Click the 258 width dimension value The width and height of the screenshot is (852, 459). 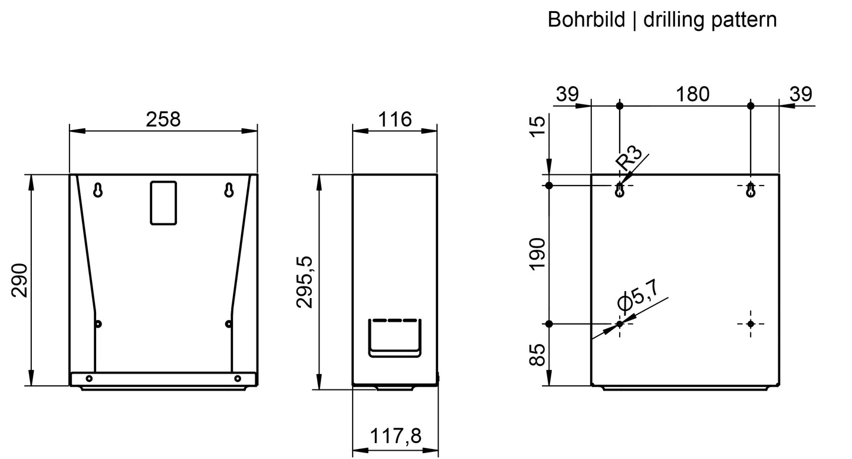[x=163, y=119]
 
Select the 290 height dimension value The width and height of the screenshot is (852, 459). [x=19, y=280]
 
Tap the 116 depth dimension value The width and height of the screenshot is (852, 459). [x=395, y=119]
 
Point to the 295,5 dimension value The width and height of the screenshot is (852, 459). [x=304, y=282]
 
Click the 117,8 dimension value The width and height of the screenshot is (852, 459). [x=396, y=435]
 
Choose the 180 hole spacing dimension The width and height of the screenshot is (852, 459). [x=692, y=94]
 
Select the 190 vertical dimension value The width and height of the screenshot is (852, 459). [x=538, y=254]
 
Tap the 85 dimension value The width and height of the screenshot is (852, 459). [x=538, y=355]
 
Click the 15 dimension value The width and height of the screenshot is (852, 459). [x=538, y=127]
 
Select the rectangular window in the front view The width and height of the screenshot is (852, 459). [x=163, y=203]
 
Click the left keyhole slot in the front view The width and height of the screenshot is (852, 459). [x=98, y=190]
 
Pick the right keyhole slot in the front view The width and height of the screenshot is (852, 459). [x=229, y=190]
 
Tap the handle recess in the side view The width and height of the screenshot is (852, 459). [x=395, y=338]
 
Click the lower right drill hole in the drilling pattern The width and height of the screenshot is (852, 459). [x=751, y=323]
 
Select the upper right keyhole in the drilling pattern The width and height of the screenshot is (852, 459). [x=751, y=190]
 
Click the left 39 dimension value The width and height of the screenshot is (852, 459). [x=567, y=94]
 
